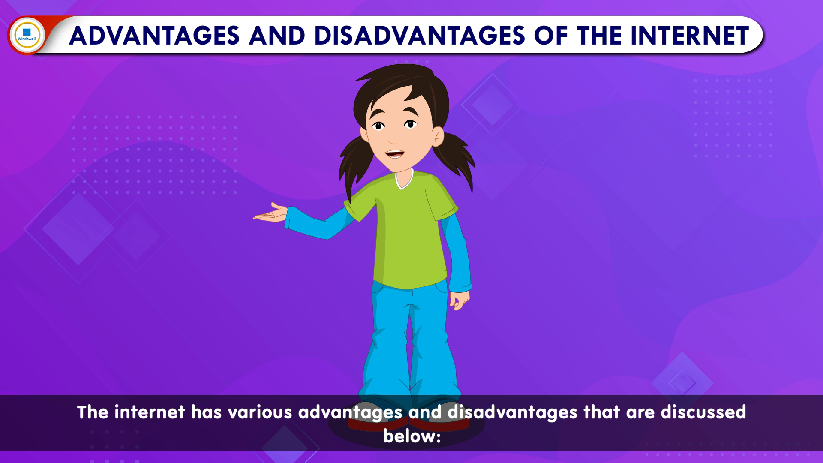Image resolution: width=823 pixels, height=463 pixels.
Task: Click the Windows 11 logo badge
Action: pyautogui.click(x=27, y=35)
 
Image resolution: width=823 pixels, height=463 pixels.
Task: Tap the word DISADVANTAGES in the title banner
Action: pyautogui.click(x=419, y=36)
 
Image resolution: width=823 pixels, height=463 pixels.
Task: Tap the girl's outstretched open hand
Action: pyautogui.click(x=270, y=213)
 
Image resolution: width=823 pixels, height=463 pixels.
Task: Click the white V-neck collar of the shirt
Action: pyautogui.click(x=403, y=180)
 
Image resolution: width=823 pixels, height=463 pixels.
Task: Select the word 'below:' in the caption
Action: pyautogui.click(x=411, y=436)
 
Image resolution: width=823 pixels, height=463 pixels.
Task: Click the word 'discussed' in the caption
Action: pyautogui.click(x=703, y=412)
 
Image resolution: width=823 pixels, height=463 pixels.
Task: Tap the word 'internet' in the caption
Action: pyautogui.click(x=150, y=412)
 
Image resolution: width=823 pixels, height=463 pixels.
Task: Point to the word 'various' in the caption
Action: pyautogui.click(x=260, y=412)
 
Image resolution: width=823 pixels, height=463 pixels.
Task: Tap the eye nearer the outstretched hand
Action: pyautogui.click(x=378, y=126)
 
